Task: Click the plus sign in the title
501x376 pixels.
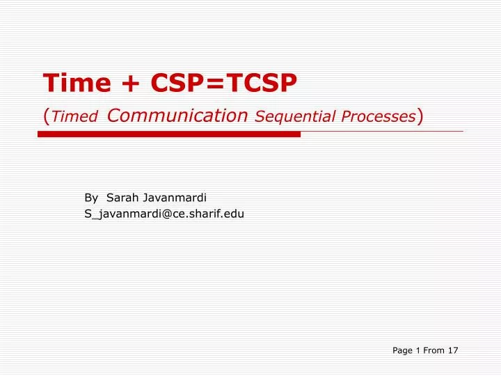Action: coord(130,84)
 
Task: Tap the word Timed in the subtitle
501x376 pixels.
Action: coord(74,117)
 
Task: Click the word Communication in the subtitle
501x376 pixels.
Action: coord(178,116)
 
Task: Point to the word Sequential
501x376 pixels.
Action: coord(288,116)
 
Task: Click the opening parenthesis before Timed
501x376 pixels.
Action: coord(46,116)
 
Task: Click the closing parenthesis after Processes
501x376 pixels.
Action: coord(420,116)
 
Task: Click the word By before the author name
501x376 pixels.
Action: coord(91,198)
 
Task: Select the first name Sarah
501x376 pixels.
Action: coord(121,198)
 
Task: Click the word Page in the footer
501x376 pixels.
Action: coord(402,350)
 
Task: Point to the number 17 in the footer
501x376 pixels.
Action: coord(452,350)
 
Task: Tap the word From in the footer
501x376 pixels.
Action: coord(434,350)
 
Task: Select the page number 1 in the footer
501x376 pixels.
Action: coord(418,350)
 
